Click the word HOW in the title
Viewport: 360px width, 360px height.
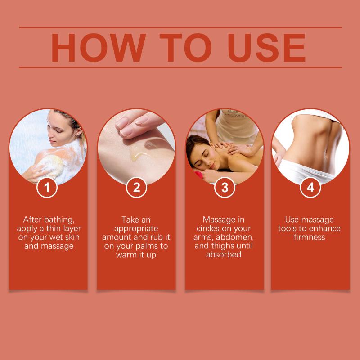click(99, 48)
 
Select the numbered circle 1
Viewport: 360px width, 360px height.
click(47, 187)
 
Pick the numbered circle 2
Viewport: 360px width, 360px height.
click(136, 187)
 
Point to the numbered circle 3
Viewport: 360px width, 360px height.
click(225, 187)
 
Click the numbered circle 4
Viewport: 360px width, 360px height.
click(310, 187)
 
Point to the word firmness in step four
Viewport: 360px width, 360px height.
click(310, 237)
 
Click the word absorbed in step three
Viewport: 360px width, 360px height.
click(224, 255)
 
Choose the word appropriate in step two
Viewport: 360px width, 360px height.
click(136, 229)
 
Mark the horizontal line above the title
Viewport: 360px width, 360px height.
click(180, 27)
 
